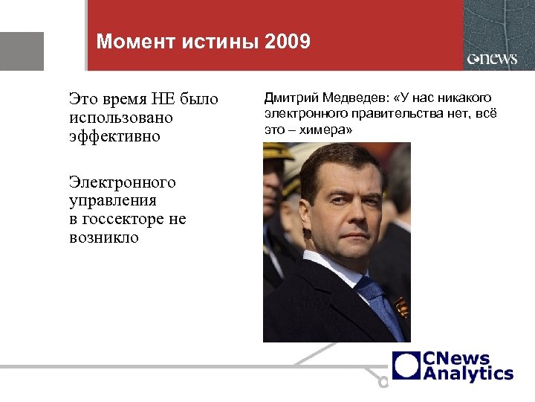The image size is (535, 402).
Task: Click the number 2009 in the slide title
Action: (x=286, y=42)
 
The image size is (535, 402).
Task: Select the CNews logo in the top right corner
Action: (x=492, y=59)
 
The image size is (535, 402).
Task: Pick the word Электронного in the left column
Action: (x=122, y=182)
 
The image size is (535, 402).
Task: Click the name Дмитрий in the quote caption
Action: (x=287, y=98)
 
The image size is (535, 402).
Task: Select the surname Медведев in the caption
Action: (x=353, y=98)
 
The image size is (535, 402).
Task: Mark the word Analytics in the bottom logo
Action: (x=468, y=373)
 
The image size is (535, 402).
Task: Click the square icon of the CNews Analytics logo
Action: (x=406, y=366)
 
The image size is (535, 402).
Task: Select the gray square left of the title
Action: (x=22, y=51)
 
